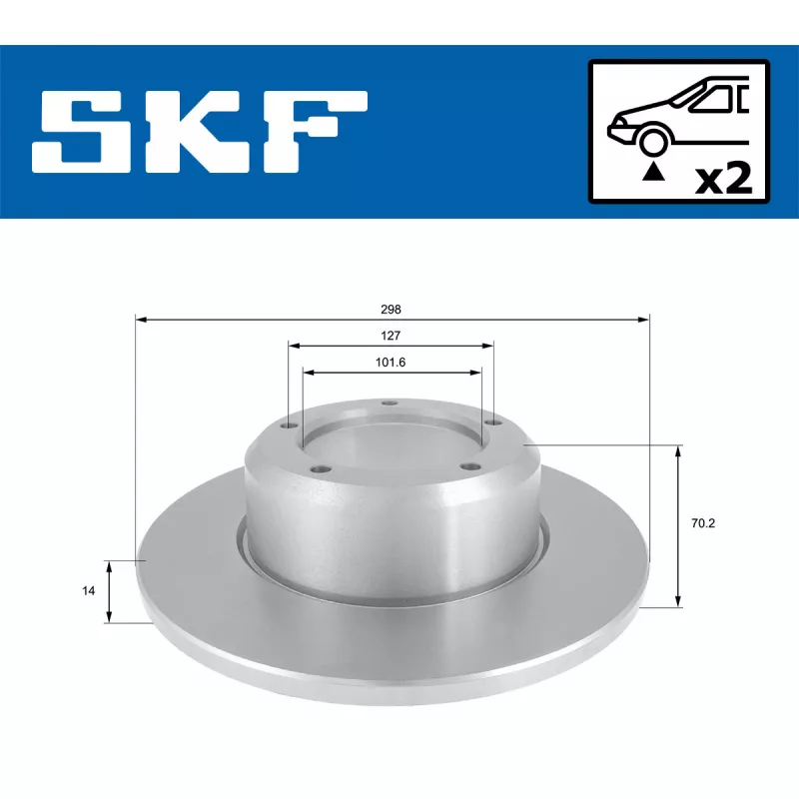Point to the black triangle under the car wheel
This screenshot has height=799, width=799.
tap(652, 172)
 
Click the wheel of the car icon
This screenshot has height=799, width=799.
tap(651, 141)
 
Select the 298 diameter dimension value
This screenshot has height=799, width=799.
tap(392, 310)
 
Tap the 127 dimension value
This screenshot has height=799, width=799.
tap(392, 337)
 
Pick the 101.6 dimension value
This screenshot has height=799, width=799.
tap(392, 363)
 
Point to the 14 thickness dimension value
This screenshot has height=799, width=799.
tap(89, 591)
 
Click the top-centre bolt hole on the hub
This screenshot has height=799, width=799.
tap(390, 404)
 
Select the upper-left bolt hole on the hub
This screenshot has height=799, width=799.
tap(292, 425)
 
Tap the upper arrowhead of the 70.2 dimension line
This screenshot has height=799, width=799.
tap(679, 451)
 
